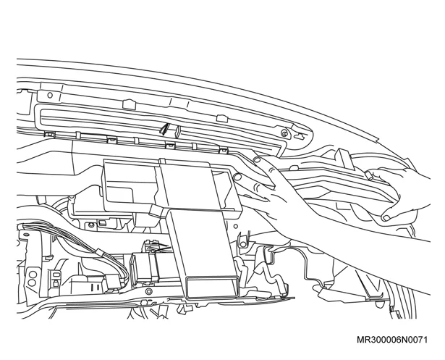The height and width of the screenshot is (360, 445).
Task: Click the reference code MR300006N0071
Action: [x=392, y=340]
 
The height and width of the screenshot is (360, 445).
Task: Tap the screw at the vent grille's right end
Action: [x=284, y=133]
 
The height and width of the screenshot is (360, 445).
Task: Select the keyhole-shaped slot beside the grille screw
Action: [x=299, y=136]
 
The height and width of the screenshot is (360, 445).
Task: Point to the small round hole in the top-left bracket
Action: [x=50, y=95]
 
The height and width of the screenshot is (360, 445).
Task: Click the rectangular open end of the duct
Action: [x=211, y=288]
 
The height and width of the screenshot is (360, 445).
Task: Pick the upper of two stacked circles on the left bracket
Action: [x=33, y=275]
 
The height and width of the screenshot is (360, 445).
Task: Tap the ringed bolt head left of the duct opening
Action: [x=148, y=292]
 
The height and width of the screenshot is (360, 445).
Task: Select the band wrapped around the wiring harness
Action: [x=99, y=252]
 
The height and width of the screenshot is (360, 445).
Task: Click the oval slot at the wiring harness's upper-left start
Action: [x=26, y=235]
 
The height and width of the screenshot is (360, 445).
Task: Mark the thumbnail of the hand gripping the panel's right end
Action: [x=386, y=218]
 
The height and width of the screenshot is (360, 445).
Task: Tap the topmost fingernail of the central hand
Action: [x=257, y=159]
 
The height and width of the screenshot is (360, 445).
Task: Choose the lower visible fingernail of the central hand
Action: [x=237, y=177]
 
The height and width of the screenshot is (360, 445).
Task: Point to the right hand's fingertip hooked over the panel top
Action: [x=368, y=175]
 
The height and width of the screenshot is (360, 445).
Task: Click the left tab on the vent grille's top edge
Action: [x=129, y=104]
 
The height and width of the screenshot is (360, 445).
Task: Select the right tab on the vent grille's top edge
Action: [x=222, y=118]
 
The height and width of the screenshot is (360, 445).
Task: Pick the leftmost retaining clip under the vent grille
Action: [x=50, y=135]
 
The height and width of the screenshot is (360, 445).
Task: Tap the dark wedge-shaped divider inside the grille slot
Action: [x=165, y=128]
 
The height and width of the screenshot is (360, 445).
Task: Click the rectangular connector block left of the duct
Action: [x=144, y=268]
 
